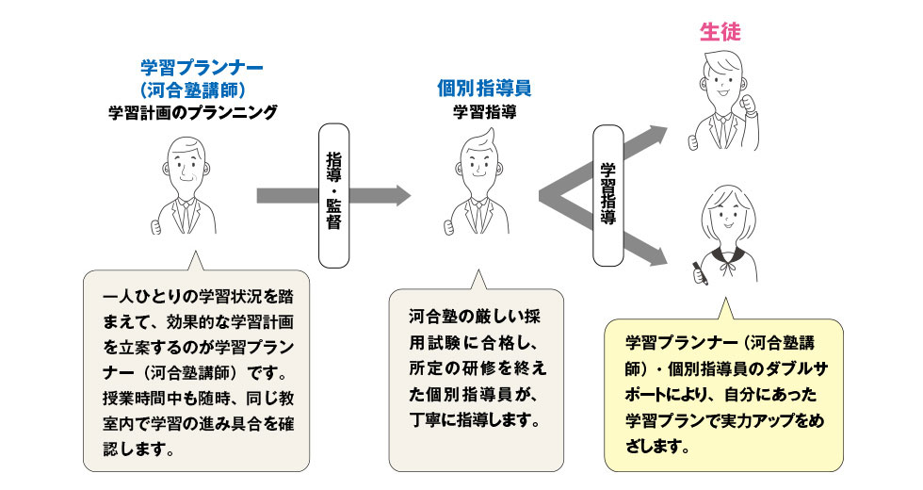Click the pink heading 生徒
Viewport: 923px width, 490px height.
721,31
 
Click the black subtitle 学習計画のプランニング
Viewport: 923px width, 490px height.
192,113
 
